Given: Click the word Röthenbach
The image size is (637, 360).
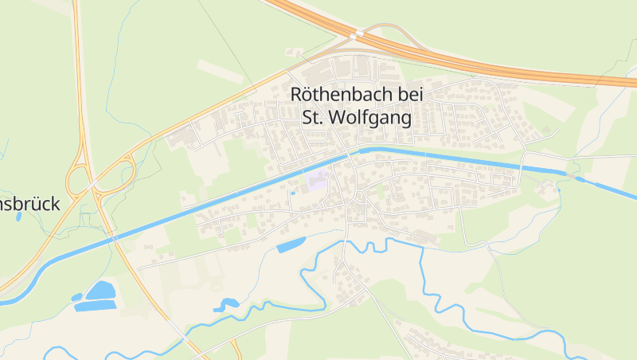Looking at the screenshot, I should (x=341, y=94).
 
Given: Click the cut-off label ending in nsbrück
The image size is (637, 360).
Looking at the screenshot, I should (x=29, y=204).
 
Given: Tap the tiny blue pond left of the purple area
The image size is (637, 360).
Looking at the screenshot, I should (x=293, y=193).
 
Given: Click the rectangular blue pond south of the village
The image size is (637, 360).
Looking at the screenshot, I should (x=291, y=245).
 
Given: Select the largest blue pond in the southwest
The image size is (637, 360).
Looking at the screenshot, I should (x=100, y=292).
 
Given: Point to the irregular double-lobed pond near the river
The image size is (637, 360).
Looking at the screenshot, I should (x=225, y=303).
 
